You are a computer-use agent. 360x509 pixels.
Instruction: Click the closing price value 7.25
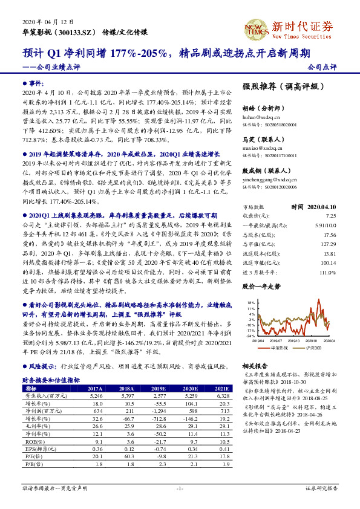click(330, 215)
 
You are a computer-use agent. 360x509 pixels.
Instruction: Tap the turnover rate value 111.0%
click(327, 273)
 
